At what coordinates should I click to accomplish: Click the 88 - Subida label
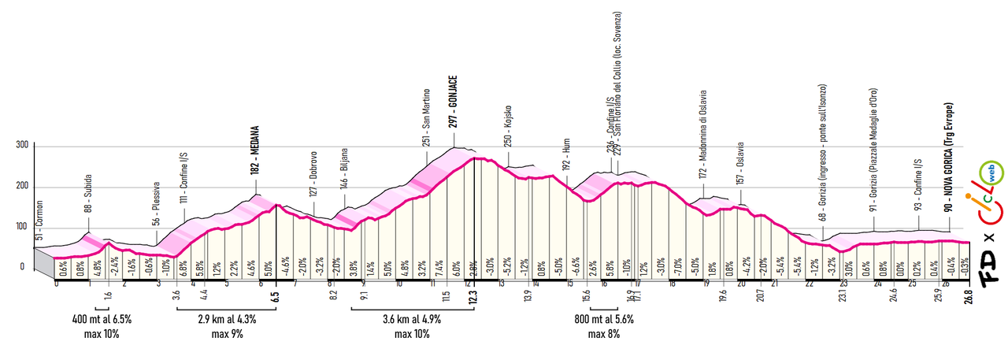(x=89, y=196)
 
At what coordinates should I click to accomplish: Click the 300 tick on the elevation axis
(x=21, y=146)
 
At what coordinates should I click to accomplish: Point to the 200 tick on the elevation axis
(x=21, y=187)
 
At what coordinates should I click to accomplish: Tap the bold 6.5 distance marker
(x=276, y=296)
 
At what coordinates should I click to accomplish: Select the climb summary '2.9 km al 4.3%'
(x=226, y=320)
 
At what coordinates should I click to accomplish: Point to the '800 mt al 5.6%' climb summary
(x=604, y=320)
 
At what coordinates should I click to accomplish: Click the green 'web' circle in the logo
(x=988, y=173)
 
